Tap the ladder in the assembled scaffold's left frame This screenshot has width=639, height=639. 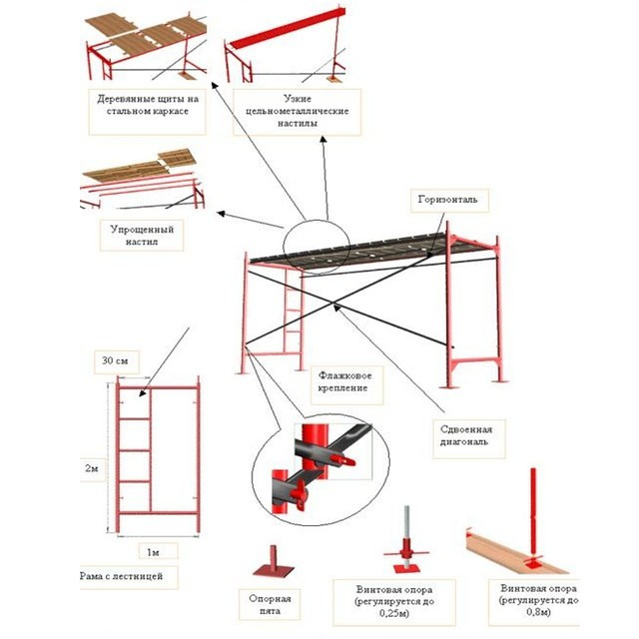point(292,319)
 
